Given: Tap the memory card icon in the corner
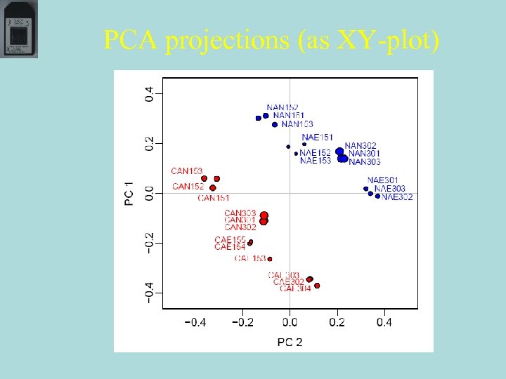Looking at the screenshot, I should click(x=20, y=29).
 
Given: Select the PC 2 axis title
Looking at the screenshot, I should click(x=290, y=342).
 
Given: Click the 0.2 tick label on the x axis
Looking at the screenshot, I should click(x=337, y=323).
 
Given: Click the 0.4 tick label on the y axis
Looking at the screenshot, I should click(x=149, y=93).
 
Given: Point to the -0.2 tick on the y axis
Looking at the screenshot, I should click(x=149, y=242).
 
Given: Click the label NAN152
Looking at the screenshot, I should click(x=283, y=107).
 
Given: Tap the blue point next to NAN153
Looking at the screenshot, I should click(x=275, y=125).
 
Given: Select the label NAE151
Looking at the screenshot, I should click(x=317, y=138).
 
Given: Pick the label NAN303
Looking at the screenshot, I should click(x=365, y=162).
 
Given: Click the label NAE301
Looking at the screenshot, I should click(x=383, y=180).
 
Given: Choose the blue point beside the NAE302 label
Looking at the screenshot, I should click(x=377, y=197).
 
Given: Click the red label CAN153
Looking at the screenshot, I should click(x=187, y=171).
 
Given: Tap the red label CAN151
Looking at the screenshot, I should click(x=214, y=198).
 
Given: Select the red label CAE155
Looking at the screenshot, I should click(x=230, y=239).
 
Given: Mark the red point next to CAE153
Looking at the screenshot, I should click(x=270, y=259).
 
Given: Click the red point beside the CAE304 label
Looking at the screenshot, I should click(x=317, y=286).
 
